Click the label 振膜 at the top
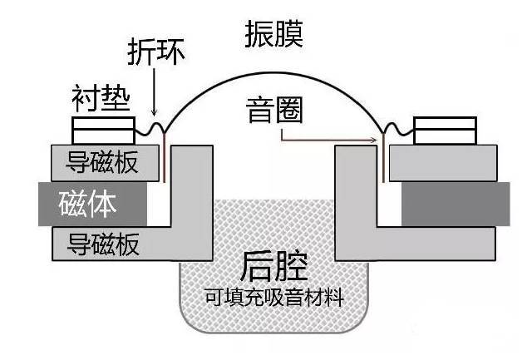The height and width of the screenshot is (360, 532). click(x=273, y=33)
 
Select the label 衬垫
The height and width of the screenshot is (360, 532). click(x=101, y=99)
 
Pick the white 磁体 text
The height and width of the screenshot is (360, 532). click(x=87, y=203)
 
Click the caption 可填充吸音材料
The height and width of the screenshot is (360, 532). click(x=273, y=296)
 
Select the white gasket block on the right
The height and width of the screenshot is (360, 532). click(x=446, y=131)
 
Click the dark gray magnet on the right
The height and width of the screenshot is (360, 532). click(x=455, y=204)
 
